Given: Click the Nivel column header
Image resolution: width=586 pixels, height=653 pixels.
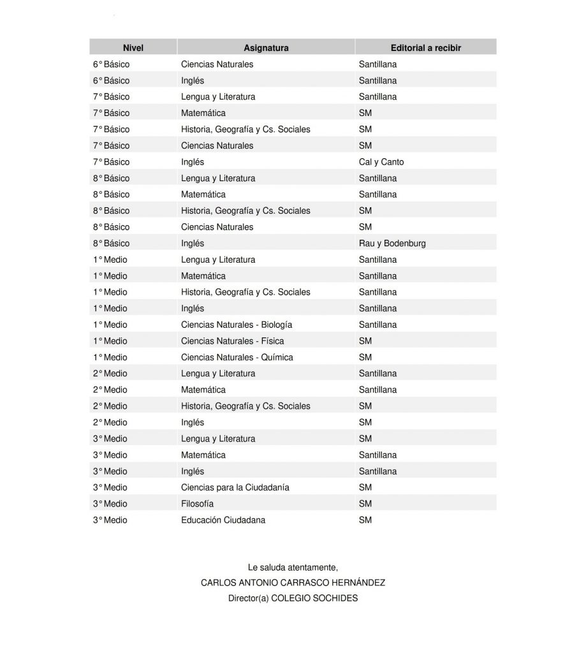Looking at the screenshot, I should [133, 48].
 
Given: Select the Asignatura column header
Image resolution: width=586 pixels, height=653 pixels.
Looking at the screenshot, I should [266, 48].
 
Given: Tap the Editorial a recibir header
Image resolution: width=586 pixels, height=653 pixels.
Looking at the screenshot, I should [425, 48].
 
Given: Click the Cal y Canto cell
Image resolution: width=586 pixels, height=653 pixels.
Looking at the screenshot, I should [381, 162].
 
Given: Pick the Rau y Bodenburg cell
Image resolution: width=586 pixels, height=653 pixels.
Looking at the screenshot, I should [392, 243].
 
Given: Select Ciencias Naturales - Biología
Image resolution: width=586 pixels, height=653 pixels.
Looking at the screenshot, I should [237, 325].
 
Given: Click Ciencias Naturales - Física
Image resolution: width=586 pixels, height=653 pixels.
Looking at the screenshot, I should [233, 341].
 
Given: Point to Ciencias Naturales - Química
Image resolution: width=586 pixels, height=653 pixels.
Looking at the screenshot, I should [237, 357].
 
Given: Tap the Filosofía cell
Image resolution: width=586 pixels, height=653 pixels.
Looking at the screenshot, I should [198, 504].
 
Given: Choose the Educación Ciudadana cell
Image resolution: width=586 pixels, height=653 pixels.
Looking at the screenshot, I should [223, 520].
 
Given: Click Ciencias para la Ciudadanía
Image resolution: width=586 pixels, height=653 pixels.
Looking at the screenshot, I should [235, 487].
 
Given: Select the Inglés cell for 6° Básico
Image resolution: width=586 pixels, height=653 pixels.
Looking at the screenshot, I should [193, 80].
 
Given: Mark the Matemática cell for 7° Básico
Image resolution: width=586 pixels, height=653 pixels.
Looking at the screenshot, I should [203, 113].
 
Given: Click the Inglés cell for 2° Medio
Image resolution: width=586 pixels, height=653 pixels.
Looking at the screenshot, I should [193, 422].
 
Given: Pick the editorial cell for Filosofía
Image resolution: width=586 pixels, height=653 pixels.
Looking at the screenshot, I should [365, 504].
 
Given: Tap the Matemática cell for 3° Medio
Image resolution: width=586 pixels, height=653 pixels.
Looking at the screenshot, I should [203, 455].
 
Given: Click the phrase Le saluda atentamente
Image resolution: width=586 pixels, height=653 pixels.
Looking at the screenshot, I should [293, 567].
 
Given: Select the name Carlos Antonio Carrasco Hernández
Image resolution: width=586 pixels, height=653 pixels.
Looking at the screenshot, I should [293, 583].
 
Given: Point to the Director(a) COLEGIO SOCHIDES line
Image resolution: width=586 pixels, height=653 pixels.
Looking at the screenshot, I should [293, 598].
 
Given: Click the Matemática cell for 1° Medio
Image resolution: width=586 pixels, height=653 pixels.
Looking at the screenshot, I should [203, 276].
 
